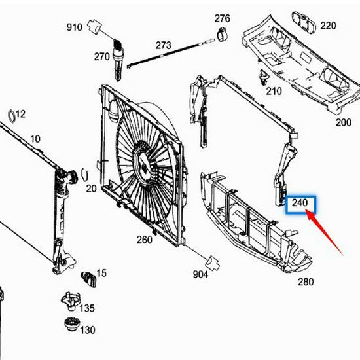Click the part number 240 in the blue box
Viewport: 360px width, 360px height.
300,203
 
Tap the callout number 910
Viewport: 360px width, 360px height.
74,27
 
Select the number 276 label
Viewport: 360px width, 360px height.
222,18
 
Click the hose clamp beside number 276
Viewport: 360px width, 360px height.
223,35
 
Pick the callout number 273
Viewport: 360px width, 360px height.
163,45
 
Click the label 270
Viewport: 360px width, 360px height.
101,56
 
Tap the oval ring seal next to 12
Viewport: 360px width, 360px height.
12,116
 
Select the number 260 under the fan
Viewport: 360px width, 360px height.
145,240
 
